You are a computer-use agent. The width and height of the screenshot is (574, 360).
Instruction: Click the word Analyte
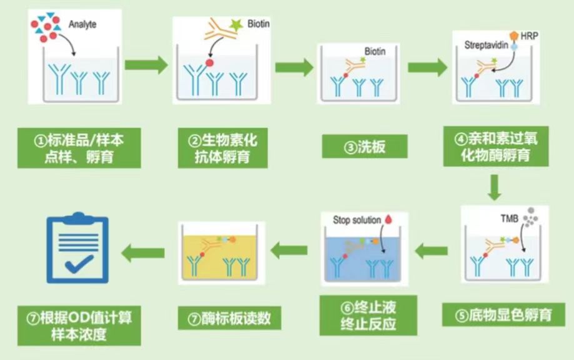pos(82,24)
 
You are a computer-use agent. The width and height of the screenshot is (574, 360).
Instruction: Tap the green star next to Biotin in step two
pos(236,24)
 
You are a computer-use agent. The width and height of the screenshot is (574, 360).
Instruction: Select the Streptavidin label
pos(486,45)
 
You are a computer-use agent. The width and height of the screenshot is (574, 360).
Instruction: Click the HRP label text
pos(529,36)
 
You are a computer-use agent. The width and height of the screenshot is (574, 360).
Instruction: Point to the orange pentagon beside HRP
pos(514,36)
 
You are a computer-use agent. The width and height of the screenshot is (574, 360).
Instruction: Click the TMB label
pos(509,219)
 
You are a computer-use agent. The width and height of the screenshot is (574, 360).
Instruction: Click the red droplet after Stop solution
pos(388,219)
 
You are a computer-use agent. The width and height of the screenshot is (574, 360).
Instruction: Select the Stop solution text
pos(357,220)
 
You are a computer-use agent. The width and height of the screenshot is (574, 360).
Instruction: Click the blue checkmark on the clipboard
pos(79,264)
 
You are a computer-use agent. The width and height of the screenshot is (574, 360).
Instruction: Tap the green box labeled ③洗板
pos(365,146)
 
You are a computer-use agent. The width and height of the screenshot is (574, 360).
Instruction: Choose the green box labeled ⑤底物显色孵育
pos(503,314)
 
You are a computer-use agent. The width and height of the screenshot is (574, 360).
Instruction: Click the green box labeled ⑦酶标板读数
pos(229,318)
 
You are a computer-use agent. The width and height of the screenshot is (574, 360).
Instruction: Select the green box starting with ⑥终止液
pos(368,316)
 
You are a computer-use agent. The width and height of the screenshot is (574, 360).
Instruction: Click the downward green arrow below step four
pos(495,187)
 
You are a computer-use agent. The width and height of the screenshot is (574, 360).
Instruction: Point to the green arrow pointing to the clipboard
pos(143,252)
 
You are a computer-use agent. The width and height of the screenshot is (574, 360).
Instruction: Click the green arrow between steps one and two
pos(146,65)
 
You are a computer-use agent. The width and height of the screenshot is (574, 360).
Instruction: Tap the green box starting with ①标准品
pos(79,148)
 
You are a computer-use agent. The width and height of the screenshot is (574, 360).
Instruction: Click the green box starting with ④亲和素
pos(496,146)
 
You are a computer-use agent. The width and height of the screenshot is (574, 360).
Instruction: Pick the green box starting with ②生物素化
pos(222,148)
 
